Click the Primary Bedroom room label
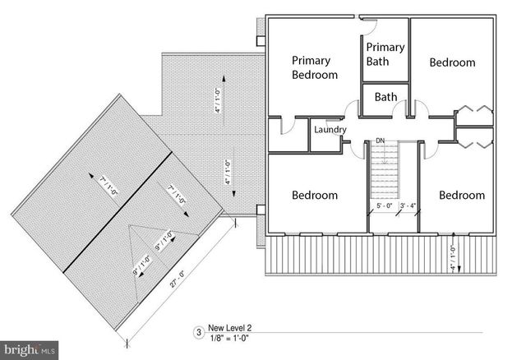(x=315, y=68)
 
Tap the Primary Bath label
(x=385, y=54)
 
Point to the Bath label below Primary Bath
(x=385, y=97)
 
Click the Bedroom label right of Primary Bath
(x=452, y=62)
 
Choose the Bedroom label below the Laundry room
(x=315, y=196)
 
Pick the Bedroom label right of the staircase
(x=461, y=196)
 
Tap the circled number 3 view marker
(x=197, y=333)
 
